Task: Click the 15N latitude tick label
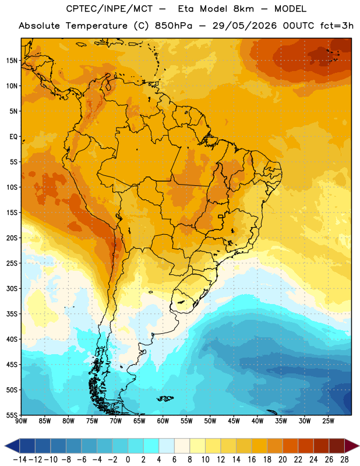(12, 61)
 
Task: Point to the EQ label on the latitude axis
(13, 137)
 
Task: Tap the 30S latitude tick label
(12, 288)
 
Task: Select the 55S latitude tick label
(12, 415)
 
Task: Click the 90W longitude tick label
(21, 421)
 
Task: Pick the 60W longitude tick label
(163, 421)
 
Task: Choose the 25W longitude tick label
(328, 421)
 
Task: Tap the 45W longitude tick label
(234, 421)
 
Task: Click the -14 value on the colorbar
(20, 460)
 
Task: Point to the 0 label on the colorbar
(128, 460)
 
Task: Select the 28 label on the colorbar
(344, 460)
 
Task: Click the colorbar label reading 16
(252, 460)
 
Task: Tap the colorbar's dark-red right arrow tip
(359, 446)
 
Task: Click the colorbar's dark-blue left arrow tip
(5, 446)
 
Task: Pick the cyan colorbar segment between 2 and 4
(151, 446)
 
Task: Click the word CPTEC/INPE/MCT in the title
(110, 9)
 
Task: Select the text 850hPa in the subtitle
(174, 26)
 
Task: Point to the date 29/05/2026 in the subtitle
(244, 26)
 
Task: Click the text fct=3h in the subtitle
(337, 26)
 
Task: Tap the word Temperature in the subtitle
(96, 26)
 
